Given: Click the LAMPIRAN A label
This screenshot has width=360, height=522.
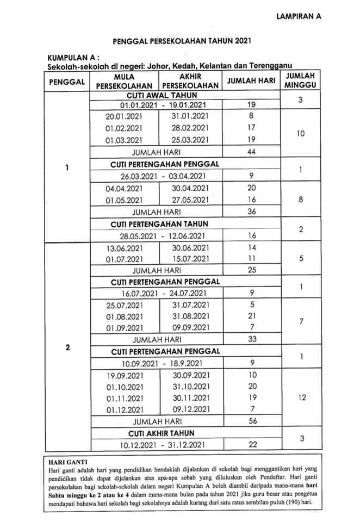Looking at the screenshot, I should [x=299, y=16].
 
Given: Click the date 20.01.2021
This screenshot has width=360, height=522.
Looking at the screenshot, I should [x=124, y=116].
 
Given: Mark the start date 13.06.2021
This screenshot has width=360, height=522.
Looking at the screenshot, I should [x=124, y=247].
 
